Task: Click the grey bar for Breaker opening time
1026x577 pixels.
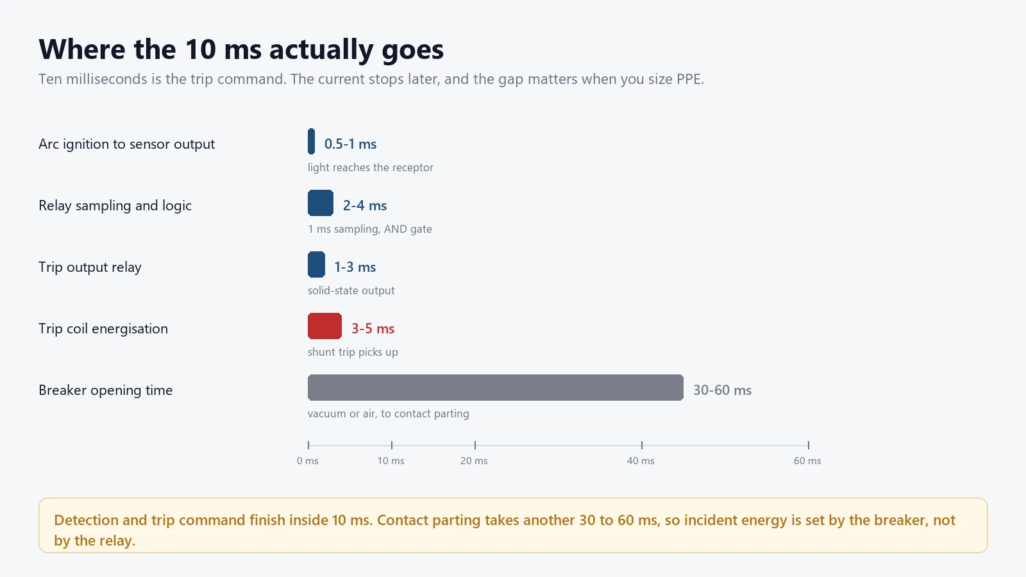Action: click(x=496, y=387)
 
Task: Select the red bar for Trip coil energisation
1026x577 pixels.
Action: click(x=324, y=326)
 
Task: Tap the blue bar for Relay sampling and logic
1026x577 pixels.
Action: click(x=321, y=203)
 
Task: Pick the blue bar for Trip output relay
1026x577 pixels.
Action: click(x=317, y=264)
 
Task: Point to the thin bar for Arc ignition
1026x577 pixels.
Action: click(x=312, y=142)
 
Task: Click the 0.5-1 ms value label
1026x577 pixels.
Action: click(x=350, y=144)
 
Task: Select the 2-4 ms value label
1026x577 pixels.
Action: click(x=365, y=206)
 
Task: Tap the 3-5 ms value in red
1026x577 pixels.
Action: click(x=373, y=329)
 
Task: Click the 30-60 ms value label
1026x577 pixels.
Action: click(x=722, y=390)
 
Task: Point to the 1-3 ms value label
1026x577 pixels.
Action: click(x=355, y=267)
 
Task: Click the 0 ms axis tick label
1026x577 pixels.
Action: click(x=307, y=461)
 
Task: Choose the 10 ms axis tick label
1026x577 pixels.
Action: click(x=391, y=461)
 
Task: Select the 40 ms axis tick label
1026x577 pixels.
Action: click(x=641, y=461)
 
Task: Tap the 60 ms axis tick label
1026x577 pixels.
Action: click(x=807, y=461)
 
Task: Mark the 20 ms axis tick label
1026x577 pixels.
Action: click(x=474, y=461)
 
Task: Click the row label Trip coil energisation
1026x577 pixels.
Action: click(x=103, y=329)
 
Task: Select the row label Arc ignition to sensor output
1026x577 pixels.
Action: click(x=126, y=144)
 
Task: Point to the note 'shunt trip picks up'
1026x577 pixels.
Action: click(x=353, y=352)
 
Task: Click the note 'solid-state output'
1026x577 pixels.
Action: click(x=351, y=290)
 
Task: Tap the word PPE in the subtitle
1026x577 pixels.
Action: click(x=689, y=79)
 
